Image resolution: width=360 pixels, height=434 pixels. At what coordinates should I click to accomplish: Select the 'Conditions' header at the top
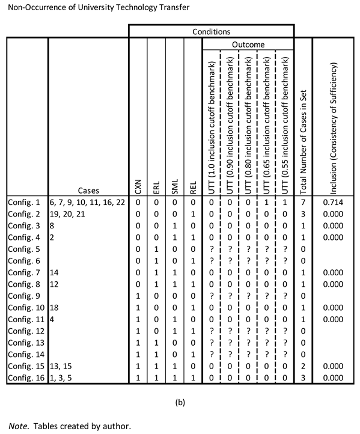[x=210, y=30]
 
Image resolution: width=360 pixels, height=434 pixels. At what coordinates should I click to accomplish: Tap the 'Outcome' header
[x=248, y=44]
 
